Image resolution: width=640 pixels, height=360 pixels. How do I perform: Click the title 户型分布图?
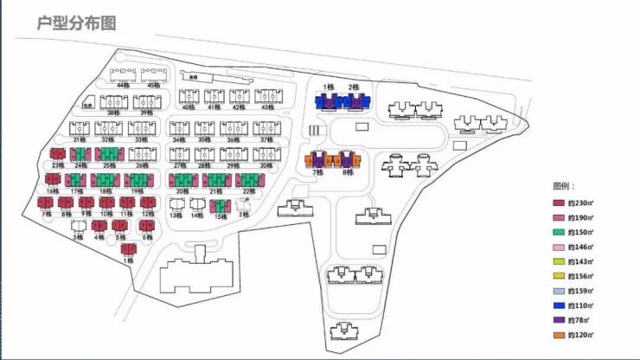[x=77, y=22]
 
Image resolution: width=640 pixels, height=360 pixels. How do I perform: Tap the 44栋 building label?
[x=123, y=86]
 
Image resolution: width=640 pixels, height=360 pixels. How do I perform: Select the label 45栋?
[x=153, y=86]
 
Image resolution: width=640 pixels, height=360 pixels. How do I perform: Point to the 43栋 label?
[x=267, y=107]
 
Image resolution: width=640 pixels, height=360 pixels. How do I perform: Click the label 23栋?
[x=57, y=165]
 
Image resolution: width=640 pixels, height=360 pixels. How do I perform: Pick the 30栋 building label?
[x=266, y=165]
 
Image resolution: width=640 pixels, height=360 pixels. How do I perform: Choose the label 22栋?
[x=248, y=190]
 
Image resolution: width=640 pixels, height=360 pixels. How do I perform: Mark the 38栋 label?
[x=113, y=112]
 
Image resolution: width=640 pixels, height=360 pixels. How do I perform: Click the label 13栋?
[x=176, y=215]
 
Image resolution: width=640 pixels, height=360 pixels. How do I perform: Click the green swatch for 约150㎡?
[x=560, y=231]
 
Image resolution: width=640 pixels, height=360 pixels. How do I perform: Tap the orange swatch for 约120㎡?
[x=560, y=335]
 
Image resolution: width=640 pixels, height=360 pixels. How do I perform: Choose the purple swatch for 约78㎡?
[x=560, y=320]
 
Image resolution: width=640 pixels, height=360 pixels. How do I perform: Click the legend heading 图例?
[x=564, y=186]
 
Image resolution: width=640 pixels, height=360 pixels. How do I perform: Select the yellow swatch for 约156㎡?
[x=560, y=276]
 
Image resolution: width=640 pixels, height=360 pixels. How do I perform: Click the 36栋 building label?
[x=232, y=138]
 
